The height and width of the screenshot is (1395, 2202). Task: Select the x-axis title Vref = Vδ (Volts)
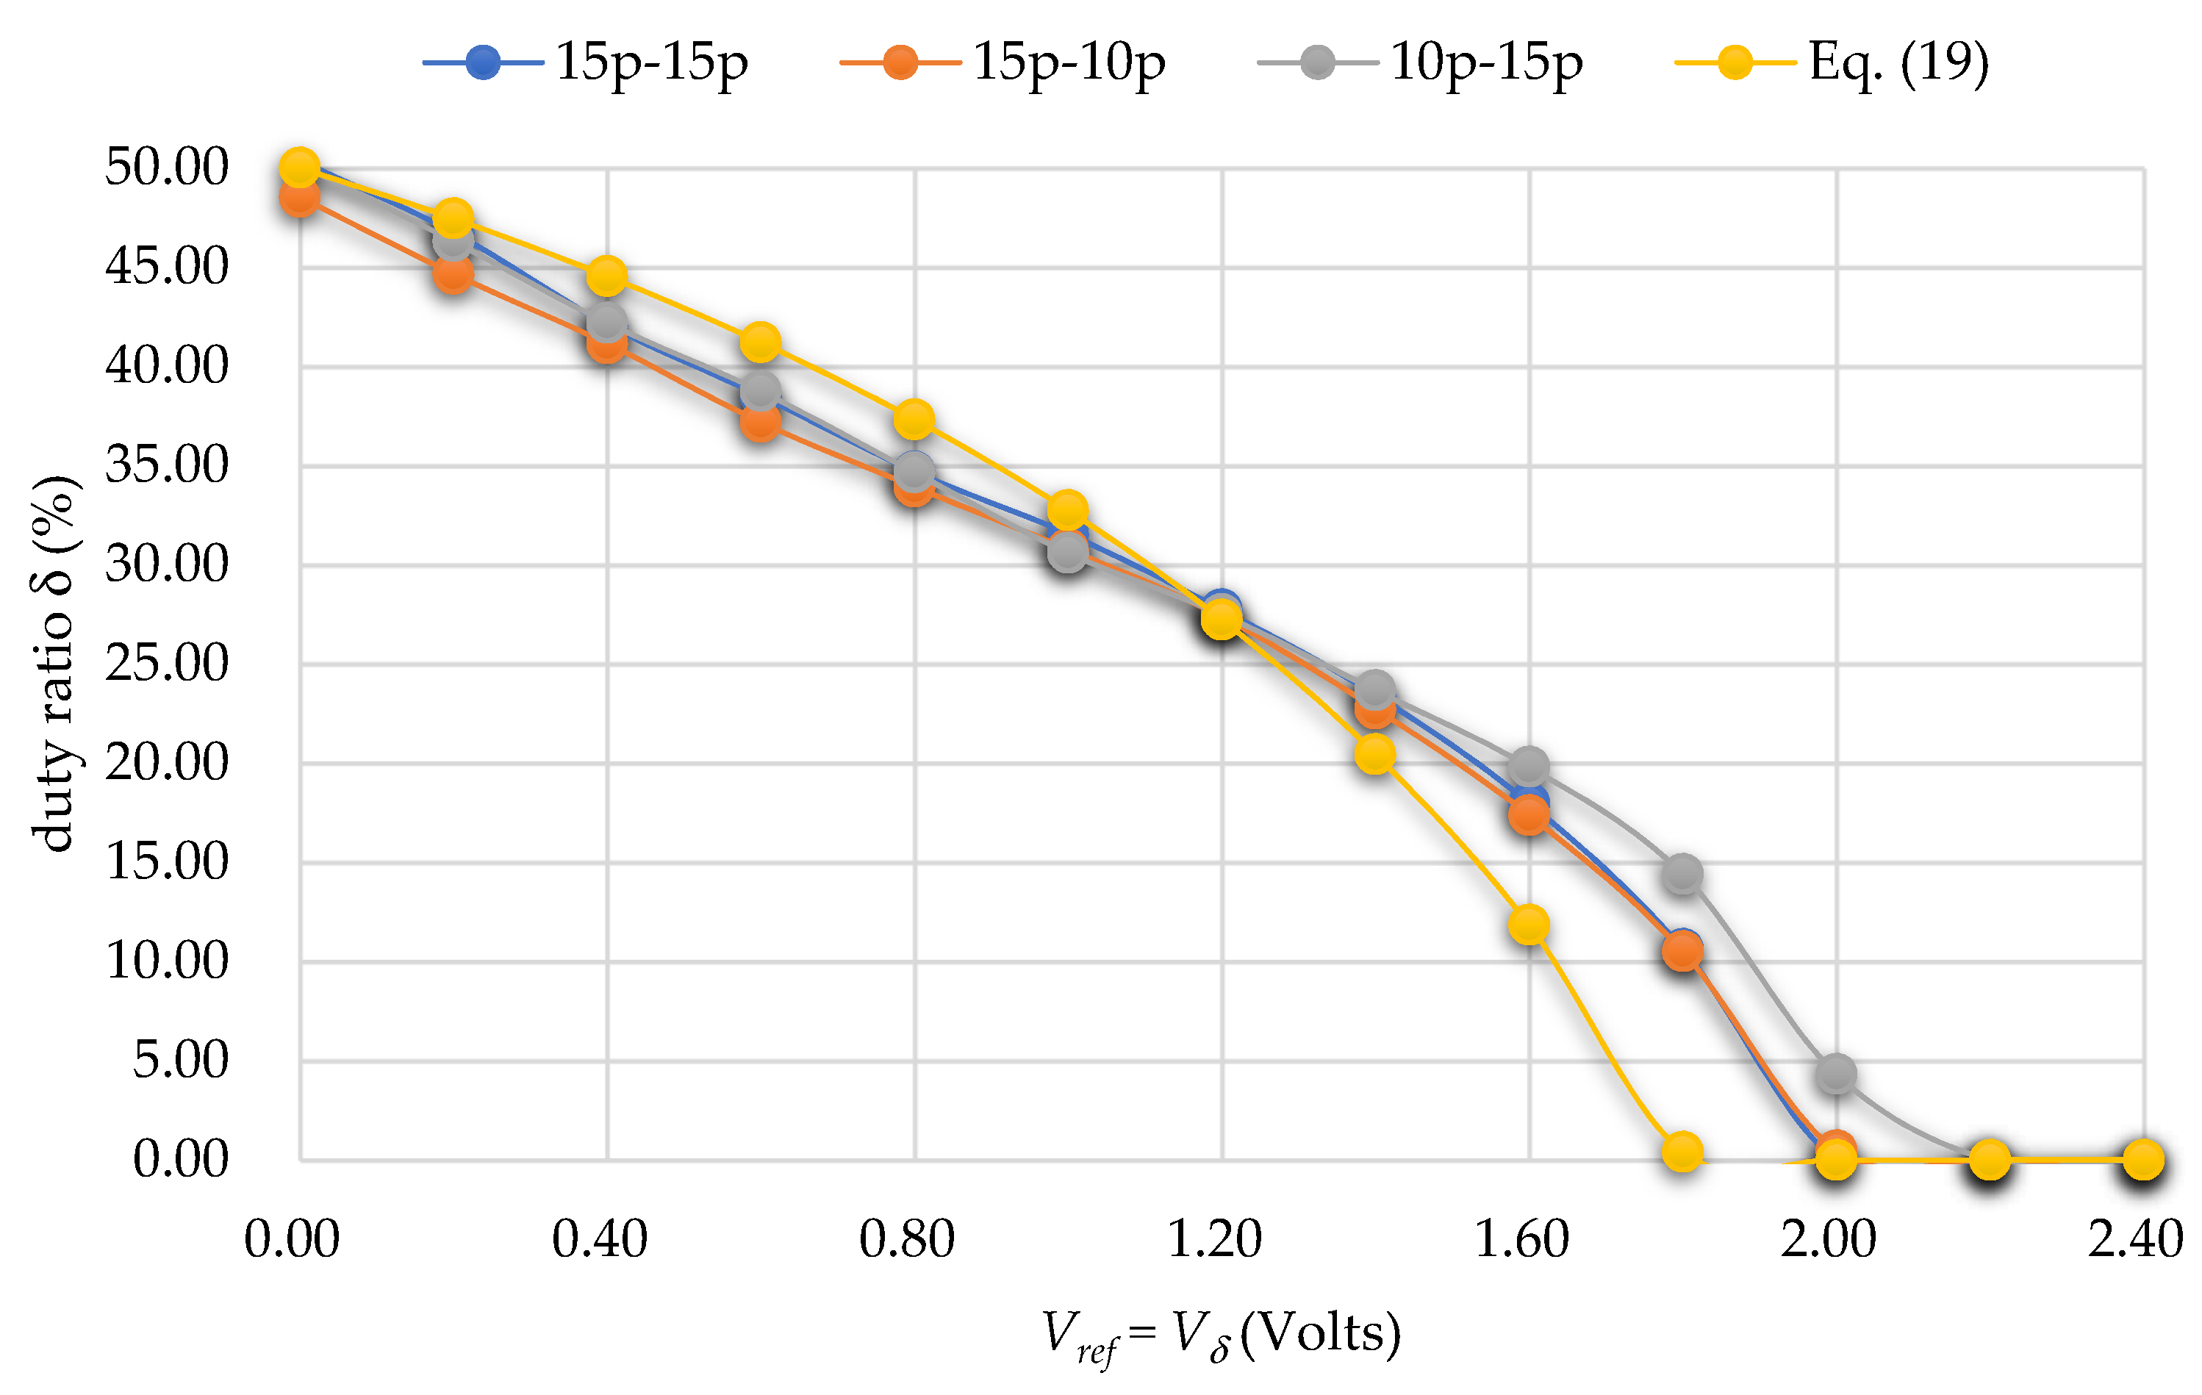[x=1221, y=1335]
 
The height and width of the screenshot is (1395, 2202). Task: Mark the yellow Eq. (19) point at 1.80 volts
[x=1682, y=1151]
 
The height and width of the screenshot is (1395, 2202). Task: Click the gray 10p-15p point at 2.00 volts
[x=1836, y=1072]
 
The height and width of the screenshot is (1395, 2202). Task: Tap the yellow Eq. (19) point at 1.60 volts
[x=1529, y=925]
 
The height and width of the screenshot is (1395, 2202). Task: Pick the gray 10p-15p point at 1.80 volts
[x=1682, y=874]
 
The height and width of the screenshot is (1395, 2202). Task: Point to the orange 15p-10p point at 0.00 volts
[x=300, y=198]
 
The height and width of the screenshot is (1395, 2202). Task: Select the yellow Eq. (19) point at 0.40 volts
[x=607, y=276]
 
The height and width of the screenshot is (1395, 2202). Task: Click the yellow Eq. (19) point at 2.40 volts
[x=2143, y=1160]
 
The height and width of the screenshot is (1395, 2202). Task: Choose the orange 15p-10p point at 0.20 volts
[x=453, y=273]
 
